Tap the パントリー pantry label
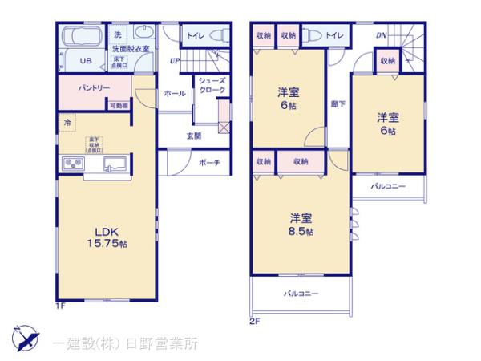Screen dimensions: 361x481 tap(94, 87)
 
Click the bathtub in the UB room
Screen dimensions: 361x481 tap(80, 39)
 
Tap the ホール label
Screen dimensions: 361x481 tap(175, 93)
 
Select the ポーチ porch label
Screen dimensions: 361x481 tap(210, 163)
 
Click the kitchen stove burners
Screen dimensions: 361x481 tap(73, 165)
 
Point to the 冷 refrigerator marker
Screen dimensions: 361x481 tap(67, 123)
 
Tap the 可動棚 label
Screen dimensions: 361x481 tap(118, 106)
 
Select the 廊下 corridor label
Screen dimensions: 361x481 tap(338, 103)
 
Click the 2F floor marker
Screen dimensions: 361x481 tap(255, 322)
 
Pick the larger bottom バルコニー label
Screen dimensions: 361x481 tap(301, 294)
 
